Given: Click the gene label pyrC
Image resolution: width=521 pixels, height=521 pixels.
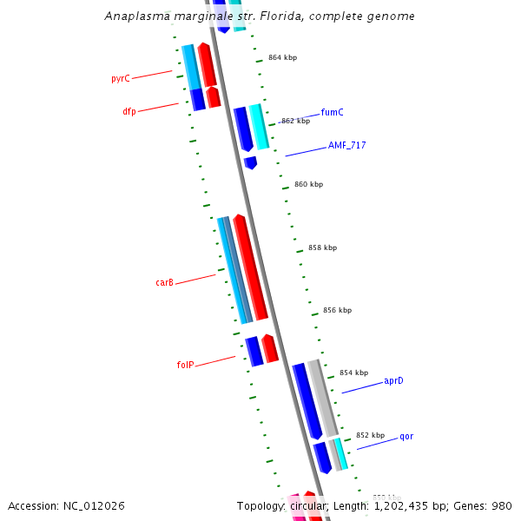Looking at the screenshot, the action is tap(120, 79).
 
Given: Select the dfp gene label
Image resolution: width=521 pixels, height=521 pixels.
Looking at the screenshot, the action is tap(129, 111).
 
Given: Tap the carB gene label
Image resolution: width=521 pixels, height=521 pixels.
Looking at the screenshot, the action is tap(164, 283).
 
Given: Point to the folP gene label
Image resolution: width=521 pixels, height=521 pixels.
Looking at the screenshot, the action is tap(185, 366).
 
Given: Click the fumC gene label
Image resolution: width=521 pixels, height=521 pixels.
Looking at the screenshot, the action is tap(332, 112).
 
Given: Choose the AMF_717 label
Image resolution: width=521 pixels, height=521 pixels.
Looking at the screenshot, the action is tap(346, 145).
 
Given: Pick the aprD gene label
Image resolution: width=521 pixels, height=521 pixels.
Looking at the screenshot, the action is tap(393, 381).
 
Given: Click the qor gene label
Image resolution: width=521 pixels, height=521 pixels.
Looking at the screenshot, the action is tap(406, 437).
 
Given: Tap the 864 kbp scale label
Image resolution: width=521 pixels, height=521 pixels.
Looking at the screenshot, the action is tap(282, 57).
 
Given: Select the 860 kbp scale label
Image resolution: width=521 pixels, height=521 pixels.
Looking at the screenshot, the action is tap(308, 184).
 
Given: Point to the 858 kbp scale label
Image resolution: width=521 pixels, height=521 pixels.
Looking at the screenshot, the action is tap(322, 247).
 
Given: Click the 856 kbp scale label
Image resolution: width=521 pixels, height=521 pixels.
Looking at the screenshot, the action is tap(337, 310).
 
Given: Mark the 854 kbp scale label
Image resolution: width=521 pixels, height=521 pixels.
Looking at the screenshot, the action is tap(353, 373).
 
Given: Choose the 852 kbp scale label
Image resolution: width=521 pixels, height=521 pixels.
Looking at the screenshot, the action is tap(370, 435).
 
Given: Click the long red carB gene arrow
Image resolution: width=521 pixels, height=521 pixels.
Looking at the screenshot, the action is tap(250, 267).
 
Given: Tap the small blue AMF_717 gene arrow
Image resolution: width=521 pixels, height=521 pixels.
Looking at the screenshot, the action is tap(251, 162).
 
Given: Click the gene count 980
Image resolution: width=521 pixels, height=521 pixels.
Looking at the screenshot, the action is tap(502, 505).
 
